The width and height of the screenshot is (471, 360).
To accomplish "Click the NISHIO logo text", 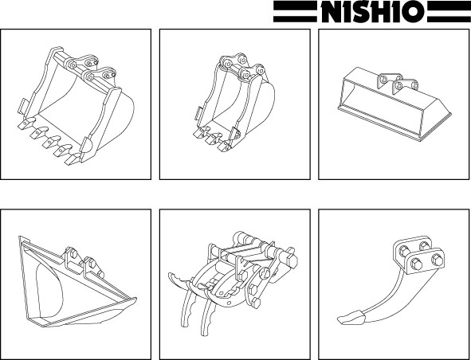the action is point(371,11).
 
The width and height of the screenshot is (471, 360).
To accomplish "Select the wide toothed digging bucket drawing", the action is point(75,106).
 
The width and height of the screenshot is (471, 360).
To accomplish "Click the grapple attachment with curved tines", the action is point(233,282).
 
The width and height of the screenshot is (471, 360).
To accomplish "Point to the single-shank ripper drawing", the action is point(391,280).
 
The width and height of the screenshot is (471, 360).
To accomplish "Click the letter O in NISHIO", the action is point(414,12).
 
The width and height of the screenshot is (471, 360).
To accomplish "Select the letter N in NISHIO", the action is point(332,12).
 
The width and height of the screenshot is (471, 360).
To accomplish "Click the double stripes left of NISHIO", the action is point(296,11).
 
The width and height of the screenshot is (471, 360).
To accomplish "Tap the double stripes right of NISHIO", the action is point(449,11).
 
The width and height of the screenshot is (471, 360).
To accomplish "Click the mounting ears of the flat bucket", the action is point(398,82).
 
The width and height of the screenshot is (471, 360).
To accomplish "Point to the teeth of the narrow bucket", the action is point(214,139).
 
